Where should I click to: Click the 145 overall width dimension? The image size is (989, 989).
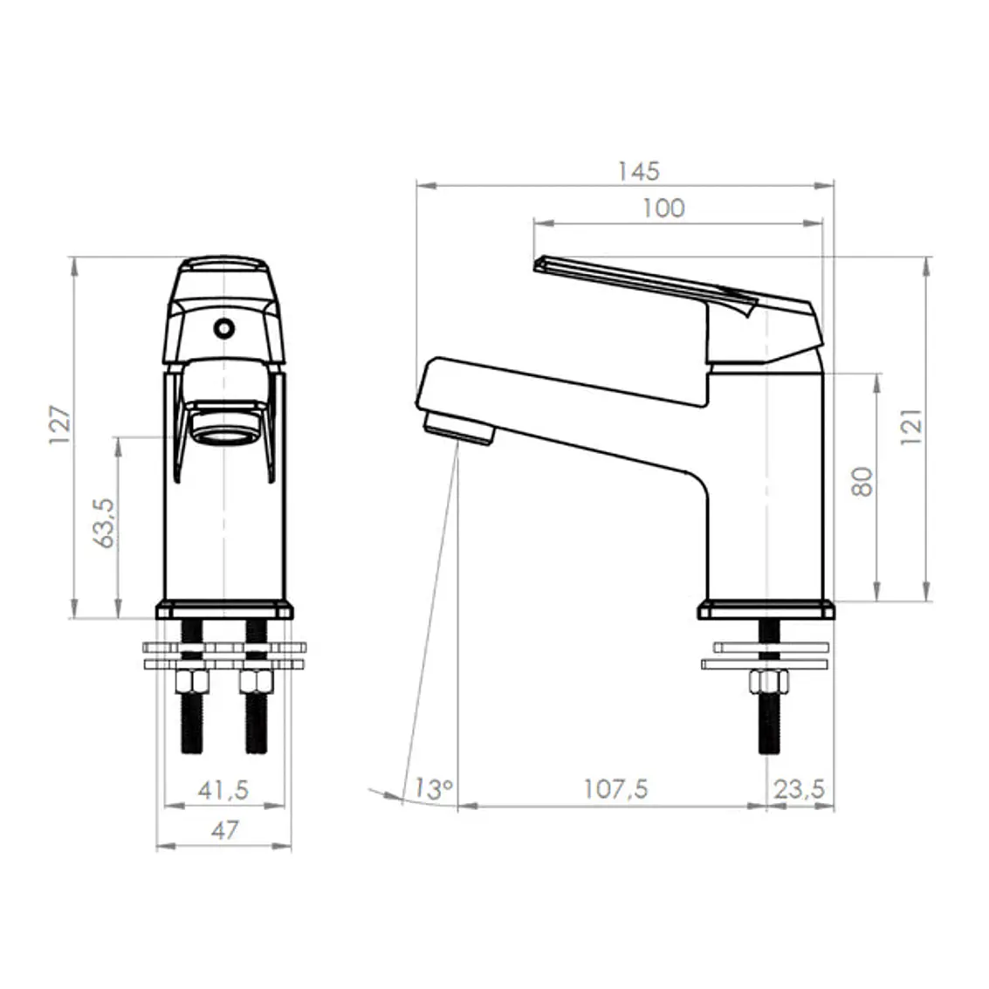[638, 172]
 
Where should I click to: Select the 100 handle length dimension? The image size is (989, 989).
[663, 208]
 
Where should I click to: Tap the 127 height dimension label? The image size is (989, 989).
[60, 425]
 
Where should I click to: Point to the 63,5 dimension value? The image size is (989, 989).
[105, 523]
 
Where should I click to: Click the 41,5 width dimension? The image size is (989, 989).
[223, 790]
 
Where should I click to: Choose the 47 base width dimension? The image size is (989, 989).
[225, 830]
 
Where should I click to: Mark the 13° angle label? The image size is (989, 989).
[433, 789]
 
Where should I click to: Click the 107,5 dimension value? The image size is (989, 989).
[615, 789]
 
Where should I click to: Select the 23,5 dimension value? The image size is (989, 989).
[800, 789]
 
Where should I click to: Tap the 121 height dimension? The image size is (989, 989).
[910, 427]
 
